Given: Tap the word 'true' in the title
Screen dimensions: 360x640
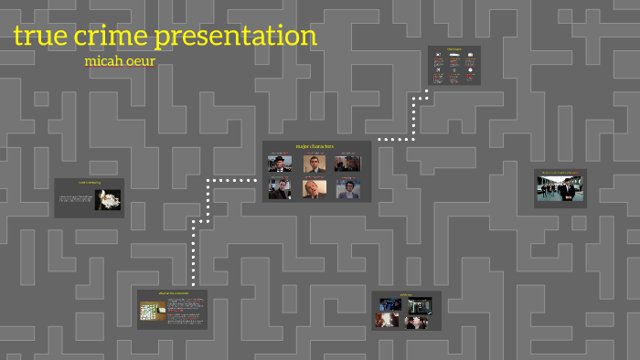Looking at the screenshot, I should click(x=42, y=37).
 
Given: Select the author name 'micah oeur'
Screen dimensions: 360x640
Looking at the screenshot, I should click(x=120, y=62).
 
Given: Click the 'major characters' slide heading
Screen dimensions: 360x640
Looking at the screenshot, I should click(x=315, y=146).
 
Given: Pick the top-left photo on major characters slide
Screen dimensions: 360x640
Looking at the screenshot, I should click(x=280, y=164).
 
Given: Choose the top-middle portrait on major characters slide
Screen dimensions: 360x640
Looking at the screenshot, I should click(x=314, y=164).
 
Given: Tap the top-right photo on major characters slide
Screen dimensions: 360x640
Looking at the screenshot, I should click(x=347, y=164).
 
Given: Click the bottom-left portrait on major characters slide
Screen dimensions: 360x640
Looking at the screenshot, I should click(x=280, y=189).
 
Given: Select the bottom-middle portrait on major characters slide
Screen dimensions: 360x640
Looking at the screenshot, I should click(x=314, y=189).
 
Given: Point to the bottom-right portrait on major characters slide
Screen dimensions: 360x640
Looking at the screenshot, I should click(x=347, y=189).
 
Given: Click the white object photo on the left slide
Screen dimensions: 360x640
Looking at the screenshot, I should click(x=110, y=199).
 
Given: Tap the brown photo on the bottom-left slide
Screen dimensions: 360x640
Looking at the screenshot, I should click(x=152, y=312).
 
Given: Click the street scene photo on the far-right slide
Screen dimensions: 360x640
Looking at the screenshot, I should click(x=560, y=189).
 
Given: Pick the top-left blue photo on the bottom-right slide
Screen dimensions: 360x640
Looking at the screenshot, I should click(x=390, y=304).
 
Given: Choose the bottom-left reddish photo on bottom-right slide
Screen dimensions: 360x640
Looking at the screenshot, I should click(x=388, y=320).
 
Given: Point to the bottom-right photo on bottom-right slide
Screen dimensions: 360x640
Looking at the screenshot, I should click(x=419, y=320).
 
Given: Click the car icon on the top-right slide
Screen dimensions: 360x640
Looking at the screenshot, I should click(x=454, y=56).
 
